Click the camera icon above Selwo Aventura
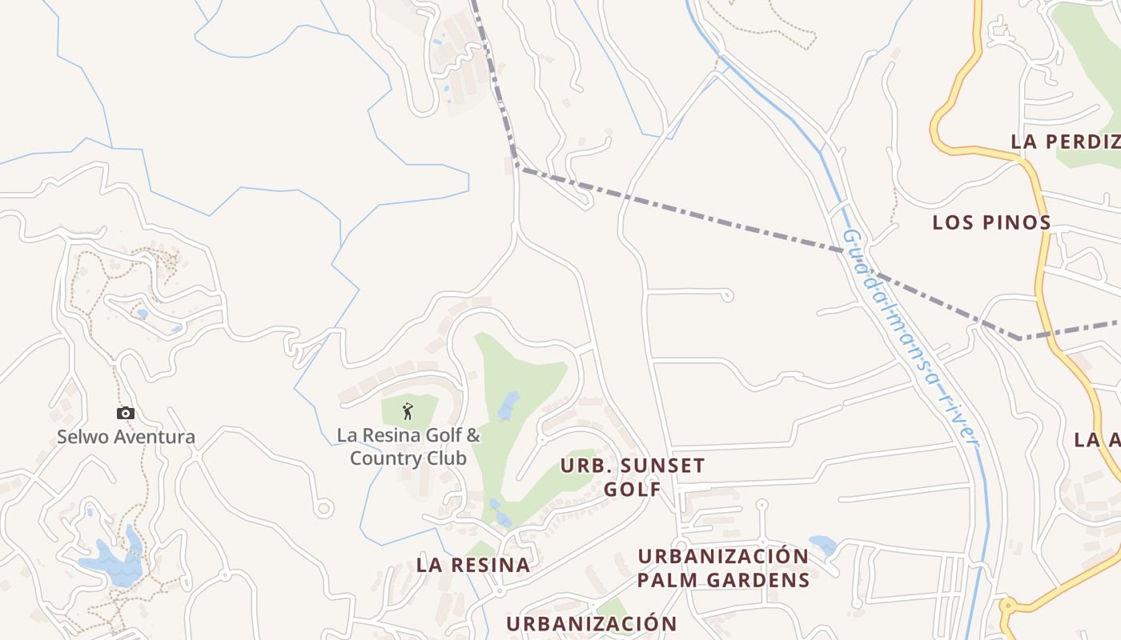click(126, 413)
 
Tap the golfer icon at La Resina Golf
click(408, 411)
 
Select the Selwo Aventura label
click(126, 438)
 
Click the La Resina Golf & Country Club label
click(408, 447)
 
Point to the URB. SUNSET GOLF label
click(633, 477)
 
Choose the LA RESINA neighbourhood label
click(473, 565)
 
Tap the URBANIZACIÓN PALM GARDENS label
click(723, 567)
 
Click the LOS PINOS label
click(991, 222)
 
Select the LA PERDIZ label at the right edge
click(1065, 142)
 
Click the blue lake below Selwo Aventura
click(112, 560)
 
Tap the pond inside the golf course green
click(508, 406)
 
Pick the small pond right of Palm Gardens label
click(822, 545)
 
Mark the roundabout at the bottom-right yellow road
click(1007, 606)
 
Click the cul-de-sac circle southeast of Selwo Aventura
click(323, 508)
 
